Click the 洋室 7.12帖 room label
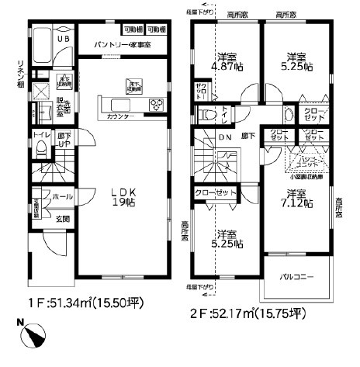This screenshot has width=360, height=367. (x=297, y=199)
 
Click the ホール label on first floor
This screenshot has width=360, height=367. (x=63, y=197)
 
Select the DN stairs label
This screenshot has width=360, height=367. (x=225, y=137)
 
